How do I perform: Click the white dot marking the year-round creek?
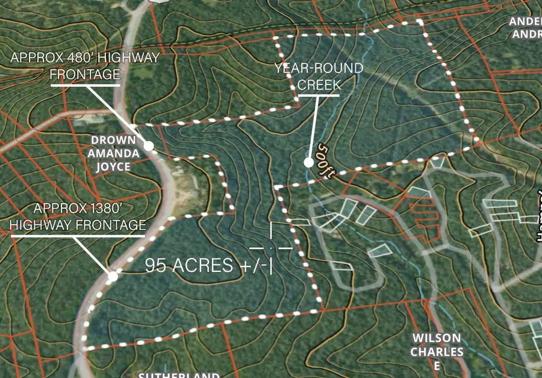(308, 162)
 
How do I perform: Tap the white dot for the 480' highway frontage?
(148, 146)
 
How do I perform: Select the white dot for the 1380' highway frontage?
(113, 277)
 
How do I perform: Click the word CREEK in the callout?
(319, 84)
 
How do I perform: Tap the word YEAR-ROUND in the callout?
(319, 68)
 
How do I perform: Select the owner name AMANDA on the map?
(113, 153)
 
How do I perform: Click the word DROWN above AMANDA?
(113, 140)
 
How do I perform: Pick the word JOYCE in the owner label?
(113, 166)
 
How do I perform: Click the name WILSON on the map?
(437, 338)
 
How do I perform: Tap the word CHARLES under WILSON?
(437, 351)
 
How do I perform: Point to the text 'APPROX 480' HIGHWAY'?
(85, 58)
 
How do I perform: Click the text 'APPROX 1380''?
(78, 209)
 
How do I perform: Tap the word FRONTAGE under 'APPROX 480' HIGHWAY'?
(85, 74)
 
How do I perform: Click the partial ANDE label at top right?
(525, 21)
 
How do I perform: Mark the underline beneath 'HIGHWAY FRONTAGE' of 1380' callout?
(78, 236)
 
